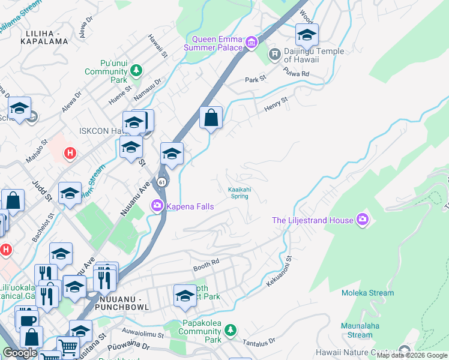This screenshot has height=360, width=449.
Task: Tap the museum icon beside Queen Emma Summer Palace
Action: click(252, 42)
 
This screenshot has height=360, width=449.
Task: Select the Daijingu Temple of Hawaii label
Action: click(314, 55)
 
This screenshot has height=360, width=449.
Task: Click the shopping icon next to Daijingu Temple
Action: click(275, 55)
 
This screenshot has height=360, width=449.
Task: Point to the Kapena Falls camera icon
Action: click(157, 206)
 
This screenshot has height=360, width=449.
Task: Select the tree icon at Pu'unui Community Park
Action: click(136, 71)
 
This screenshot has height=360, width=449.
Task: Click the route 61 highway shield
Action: click(162, 182)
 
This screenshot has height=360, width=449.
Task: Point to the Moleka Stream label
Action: click(368, 293)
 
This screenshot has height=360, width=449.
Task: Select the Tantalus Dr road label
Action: click(259, 342)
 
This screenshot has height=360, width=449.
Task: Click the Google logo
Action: click(20, 353)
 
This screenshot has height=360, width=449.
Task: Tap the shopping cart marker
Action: click(68, 347)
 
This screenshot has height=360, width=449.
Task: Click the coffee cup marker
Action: click(27, 319)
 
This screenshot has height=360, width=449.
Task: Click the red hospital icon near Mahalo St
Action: click(70, 153)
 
